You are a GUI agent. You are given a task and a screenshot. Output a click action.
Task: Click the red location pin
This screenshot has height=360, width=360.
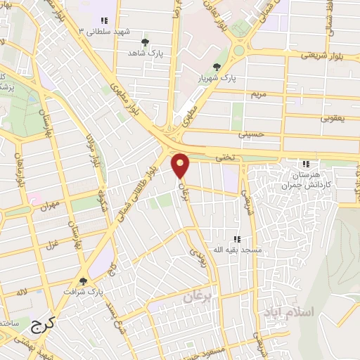pos(181,166)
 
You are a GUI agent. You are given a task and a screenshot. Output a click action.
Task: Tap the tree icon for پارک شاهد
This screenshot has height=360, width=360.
pos(146,42)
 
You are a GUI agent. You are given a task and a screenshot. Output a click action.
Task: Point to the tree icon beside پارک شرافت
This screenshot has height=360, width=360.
pos(84,281)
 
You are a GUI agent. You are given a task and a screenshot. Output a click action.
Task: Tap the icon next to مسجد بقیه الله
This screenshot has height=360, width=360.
pos(237,239)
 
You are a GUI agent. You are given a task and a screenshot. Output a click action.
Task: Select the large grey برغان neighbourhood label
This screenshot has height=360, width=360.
pos(198,298)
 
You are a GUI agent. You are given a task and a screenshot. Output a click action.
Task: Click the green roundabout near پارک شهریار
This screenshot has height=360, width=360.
pos(239,50)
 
